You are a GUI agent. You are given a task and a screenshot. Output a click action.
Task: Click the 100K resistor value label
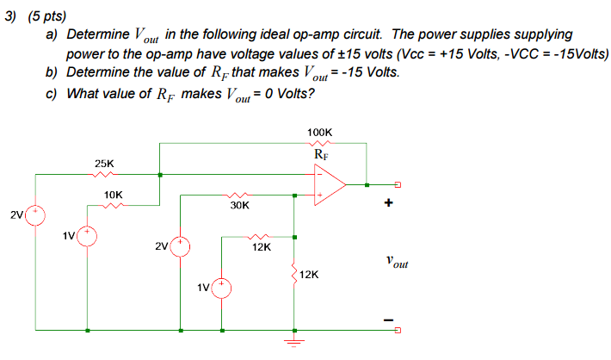[319, 133]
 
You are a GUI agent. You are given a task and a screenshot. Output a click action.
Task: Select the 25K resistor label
[104, 164]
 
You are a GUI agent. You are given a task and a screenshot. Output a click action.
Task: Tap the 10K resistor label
[113, 195]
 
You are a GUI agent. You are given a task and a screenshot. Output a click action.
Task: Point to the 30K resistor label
[239, 206]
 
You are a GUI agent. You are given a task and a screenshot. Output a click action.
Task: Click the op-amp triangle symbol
[330, 184]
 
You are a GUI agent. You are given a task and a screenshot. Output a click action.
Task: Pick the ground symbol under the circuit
[294, 342]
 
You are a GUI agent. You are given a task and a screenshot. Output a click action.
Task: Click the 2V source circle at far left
[35, 215]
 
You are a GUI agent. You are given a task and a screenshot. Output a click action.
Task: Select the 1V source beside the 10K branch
[87, 236]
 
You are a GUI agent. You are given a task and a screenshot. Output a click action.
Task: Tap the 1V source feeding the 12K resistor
[221, 289]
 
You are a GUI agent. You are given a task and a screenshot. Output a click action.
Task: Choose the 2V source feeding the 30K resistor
[180, 246]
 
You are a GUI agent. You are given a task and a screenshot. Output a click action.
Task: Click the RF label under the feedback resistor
[321, 155]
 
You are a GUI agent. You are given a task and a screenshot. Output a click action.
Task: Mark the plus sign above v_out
[388, 202]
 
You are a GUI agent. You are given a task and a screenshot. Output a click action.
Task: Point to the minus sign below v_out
[388, 320]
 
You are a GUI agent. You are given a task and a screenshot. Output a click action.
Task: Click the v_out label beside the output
[397, 262]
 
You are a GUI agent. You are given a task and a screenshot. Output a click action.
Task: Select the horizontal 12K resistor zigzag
[258, 237]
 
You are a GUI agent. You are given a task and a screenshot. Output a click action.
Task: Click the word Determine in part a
[98, 34]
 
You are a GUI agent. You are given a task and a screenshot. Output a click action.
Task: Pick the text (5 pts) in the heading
[47, 16]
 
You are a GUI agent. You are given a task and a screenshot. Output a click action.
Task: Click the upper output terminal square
[398, 184]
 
